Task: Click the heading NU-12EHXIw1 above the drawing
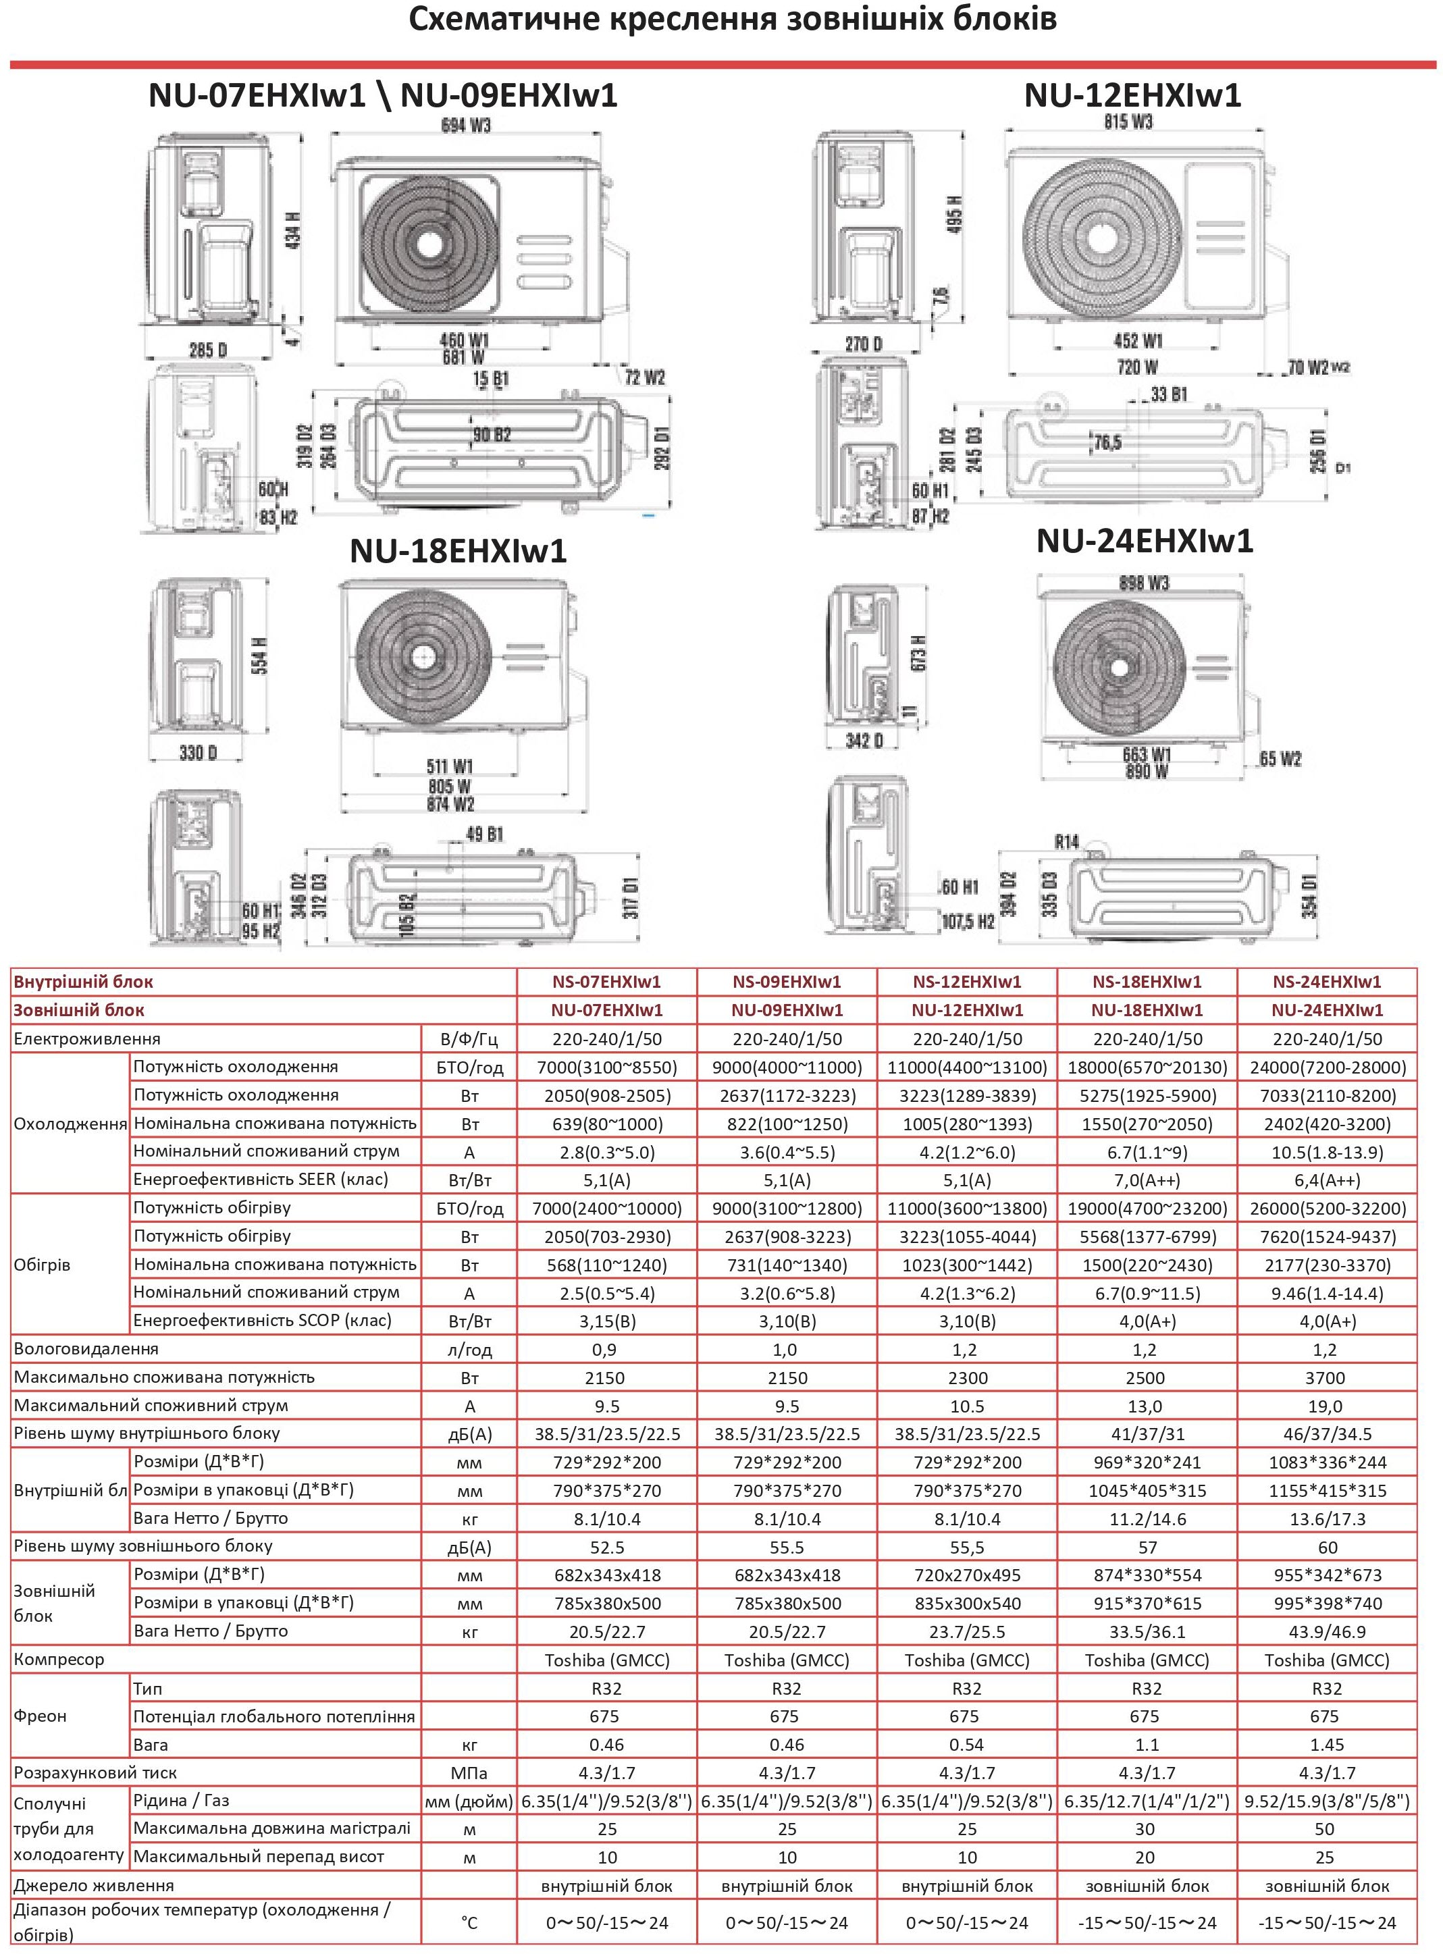(x=1131, y=95)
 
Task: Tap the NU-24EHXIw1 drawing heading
(x=1145, y=541)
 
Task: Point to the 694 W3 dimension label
(x=465, y=126)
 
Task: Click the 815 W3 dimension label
(x=1128, y=122)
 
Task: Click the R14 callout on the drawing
(x=1066, y=842)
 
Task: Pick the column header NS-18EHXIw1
(x=1146, y=982)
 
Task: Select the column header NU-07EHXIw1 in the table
(x=606, y=1011)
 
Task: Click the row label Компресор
(x=59, y=1660)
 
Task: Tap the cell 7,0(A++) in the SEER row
(x=1146, y=1180)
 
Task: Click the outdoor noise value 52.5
(x=606, y=1548)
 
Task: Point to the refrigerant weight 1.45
(x=1326, y=1745)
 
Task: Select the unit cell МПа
(x=469, y=1773)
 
